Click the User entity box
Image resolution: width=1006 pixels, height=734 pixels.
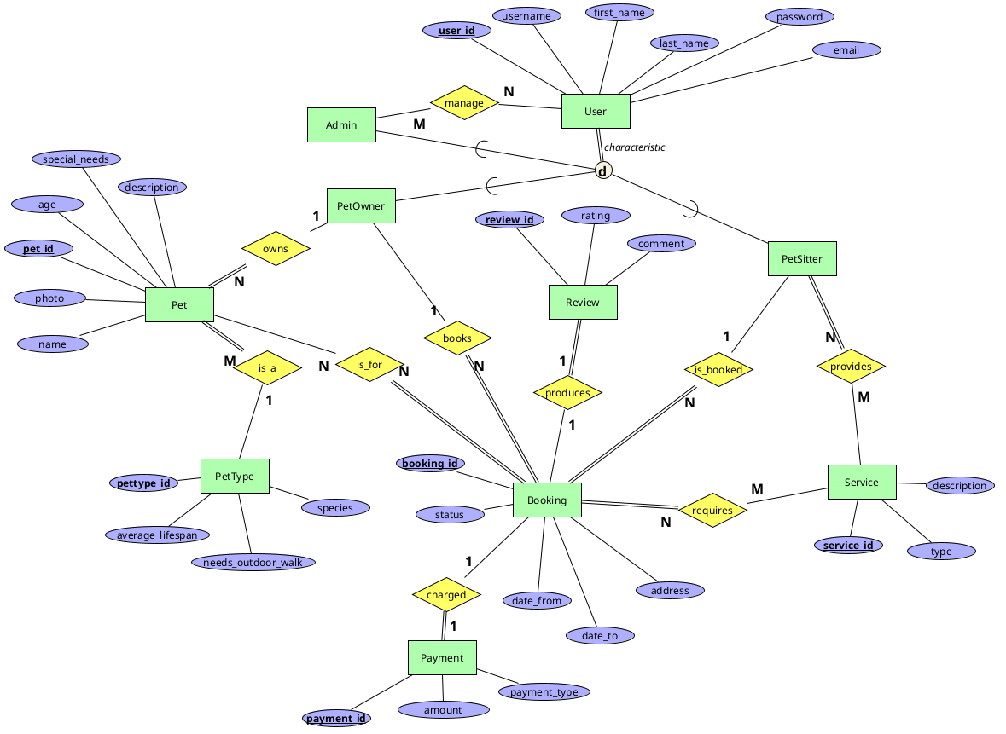596,112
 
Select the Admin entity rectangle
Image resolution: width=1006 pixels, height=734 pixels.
341,125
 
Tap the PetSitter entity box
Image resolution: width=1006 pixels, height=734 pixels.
802,259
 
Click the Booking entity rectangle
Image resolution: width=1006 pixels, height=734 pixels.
547,500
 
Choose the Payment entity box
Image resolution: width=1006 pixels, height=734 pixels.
442,658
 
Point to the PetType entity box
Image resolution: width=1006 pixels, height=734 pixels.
235,477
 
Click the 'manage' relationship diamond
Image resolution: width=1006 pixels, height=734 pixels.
464,103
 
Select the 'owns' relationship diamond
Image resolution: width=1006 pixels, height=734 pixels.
276,249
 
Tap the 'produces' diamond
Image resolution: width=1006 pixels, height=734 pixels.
567,393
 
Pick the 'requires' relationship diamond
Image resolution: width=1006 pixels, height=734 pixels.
712,511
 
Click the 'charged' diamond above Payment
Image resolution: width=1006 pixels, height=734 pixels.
446,595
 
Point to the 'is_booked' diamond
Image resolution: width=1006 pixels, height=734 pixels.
718,370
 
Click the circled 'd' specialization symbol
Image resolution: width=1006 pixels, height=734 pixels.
603,171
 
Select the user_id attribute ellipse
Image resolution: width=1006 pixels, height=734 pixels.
456,30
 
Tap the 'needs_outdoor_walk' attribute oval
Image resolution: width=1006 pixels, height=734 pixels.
253,563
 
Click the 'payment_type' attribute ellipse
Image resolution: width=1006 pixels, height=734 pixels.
544,692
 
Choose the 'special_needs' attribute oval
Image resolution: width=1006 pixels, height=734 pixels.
76,159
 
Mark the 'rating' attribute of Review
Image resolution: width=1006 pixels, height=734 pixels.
596,216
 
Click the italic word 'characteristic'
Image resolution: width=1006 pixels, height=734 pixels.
635,147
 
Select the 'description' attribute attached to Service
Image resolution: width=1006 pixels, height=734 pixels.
960,486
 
